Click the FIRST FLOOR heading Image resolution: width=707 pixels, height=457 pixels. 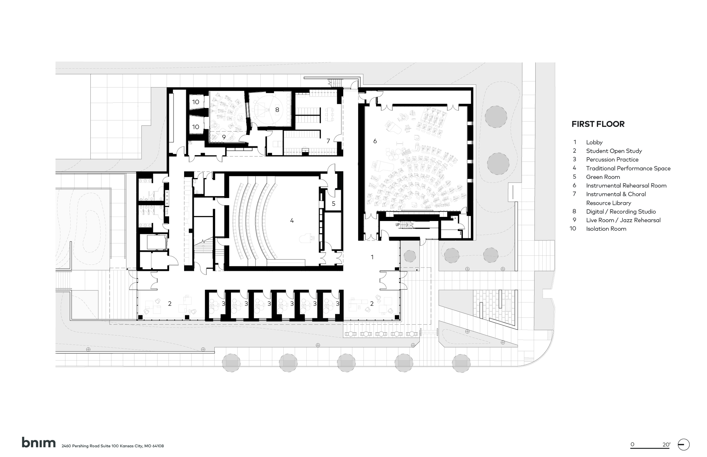[x=598, y=124]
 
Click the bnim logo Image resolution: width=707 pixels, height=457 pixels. [x=39, y=443]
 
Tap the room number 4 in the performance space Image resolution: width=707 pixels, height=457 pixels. [x=292, y=220]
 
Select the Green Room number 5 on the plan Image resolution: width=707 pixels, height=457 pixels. [x=333, y=204]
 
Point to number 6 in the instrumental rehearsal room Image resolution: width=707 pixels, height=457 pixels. [x=375, y=141]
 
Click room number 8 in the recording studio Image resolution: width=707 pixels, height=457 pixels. [x=277, y=110]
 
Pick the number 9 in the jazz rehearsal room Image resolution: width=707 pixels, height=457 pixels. [x=224, y=137]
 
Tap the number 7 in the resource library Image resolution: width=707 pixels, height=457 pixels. [x=328, y=141]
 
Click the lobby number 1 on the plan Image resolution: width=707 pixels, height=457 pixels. [x=372, y=257]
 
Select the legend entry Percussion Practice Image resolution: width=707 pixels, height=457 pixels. [x=612, y=160]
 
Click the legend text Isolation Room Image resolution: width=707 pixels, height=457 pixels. [x=606, y=229]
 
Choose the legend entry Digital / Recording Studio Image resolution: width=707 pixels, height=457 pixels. [x=621, y=212]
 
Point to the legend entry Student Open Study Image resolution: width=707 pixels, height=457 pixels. [x=614, y=151]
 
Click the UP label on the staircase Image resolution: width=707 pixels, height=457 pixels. [x=397, y=225]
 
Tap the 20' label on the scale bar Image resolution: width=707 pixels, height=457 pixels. [x=666, y=445]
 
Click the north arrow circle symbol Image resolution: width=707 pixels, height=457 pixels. [x=683, y=445]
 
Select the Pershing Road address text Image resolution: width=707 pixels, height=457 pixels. [x=113, y=446]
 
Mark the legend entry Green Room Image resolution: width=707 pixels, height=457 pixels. [x=603, y=177]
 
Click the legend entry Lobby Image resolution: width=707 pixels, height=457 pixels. [x=594, y=142]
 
